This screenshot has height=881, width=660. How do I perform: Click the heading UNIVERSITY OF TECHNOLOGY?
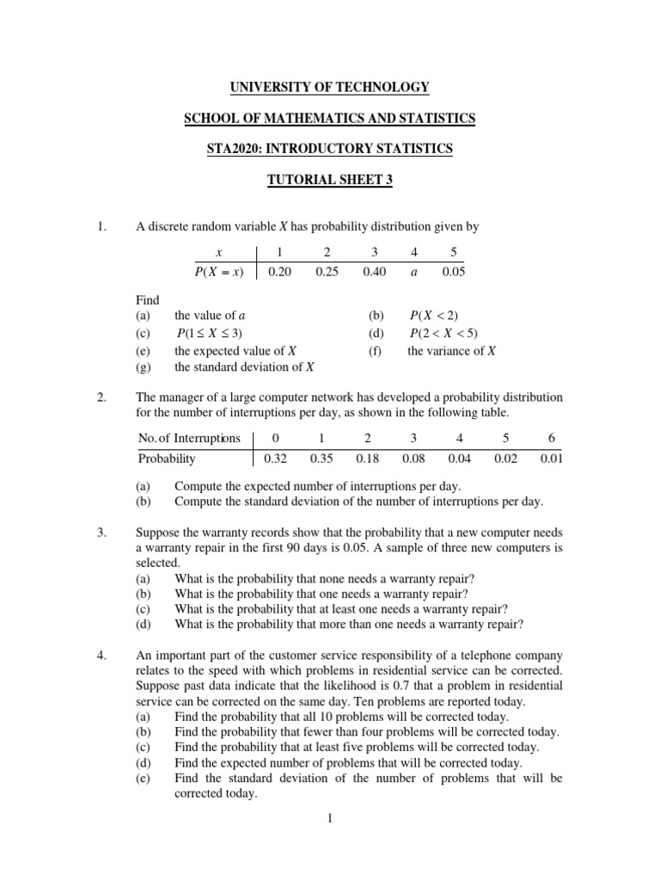pos(330,87)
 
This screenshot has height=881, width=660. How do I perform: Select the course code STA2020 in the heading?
pos(232,149)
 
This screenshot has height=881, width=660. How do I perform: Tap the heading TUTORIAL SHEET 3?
pos(330,180)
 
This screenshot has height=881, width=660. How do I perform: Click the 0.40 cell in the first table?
pos(374,272)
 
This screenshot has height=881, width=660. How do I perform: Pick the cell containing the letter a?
pos(415,272)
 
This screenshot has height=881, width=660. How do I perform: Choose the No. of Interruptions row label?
pos(189,438)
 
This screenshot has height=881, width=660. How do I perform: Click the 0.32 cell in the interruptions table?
pos(275,459)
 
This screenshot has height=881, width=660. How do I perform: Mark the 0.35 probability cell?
pos(321,459)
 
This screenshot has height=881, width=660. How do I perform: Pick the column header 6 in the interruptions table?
pos(551,438)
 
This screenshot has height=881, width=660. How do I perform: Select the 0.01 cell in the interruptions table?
pos(551,459)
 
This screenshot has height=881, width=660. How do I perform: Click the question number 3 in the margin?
pos(101,534)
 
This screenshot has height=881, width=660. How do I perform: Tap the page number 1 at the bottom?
pos(330,818)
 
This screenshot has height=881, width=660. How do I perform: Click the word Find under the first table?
pos(148,300)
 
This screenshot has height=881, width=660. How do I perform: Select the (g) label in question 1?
pos(143,367)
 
